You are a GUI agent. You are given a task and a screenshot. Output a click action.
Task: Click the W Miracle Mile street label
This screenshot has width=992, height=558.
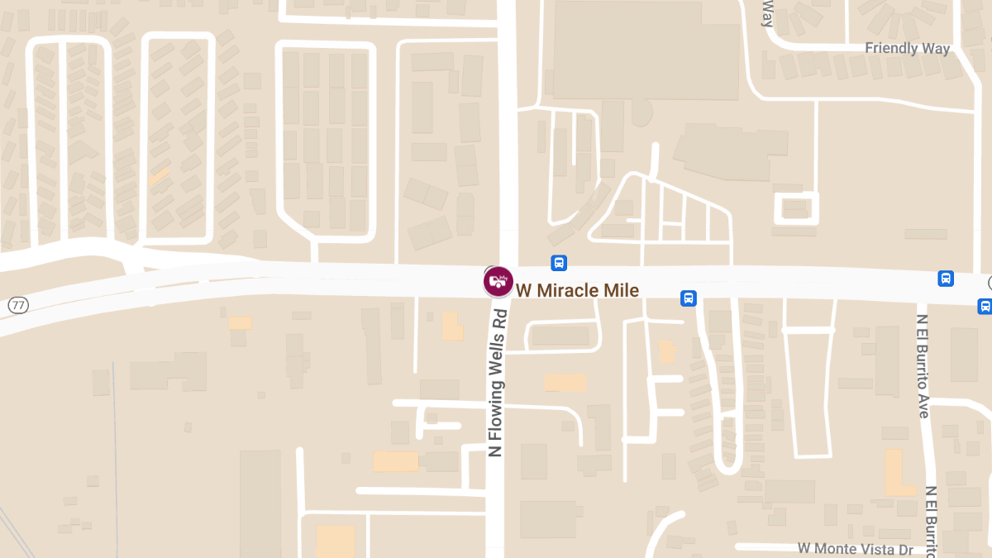pos(578,290)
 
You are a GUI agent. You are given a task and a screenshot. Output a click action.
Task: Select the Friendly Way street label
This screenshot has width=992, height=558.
pos(907,48)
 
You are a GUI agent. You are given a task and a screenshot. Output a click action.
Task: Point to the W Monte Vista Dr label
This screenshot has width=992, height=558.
pos(855,549)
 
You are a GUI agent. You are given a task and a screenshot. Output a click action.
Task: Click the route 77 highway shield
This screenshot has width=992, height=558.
pos(18,306)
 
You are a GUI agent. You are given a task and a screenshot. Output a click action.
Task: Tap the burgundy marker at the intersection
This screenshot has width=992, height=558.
pos(498,282)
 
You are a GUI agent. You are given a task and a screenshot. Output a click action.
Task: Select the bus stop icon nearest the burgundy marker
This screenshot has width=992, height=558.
pos(559,263)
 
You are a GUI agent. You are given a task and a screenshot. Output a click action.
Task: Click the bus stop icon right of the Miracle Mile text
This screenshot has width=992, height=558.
pos(688,298)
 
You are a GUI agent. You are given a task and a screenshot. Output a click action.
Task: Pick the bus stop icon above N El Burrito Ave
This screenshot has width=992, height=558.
pos(946,279)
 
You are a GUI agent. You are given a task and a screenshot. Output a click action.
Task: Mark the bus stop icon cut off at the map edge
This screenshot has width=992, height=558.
pos(985,306)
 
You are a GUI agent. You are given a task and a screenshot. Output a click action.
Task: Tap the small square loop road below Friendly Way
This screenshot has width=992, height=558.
pos(796,207)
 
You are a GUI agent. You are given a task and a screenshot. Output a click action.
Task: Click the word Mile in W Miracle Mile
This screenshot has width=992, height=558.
pos(623,290)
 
